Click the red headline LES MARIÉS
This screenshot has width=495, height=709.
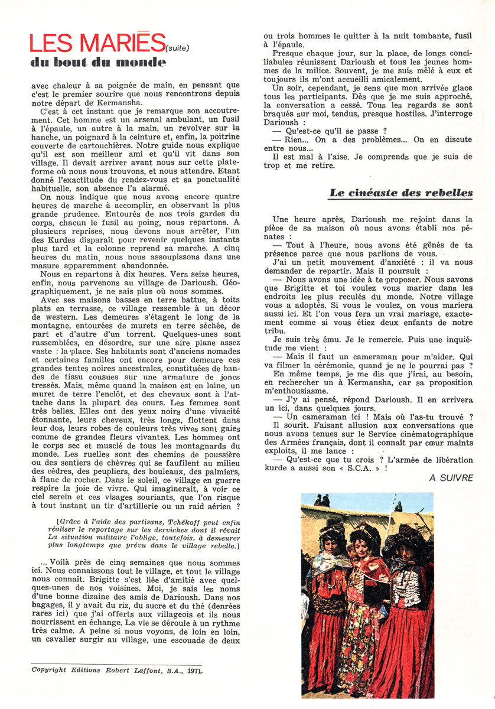(97, 43)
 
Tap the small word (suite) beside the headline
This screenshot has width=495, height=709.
(180, 48)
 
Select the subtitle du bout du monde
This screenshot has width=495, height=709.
(98, 63)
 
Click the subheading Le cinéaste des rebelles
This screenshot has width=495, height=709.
(401, 193)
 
